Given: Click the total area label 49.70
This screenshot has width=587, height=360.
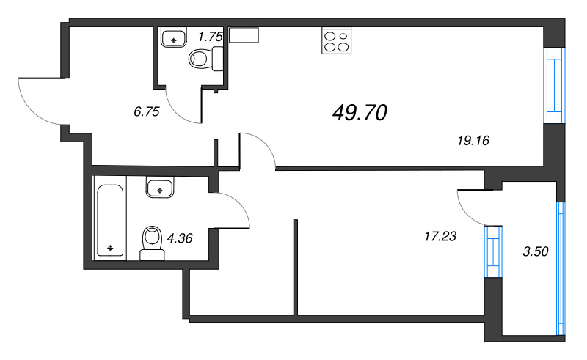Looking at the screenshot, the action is [360, 113].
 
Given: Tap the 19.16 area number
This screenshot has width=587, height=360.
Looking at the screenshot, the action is [473, 141].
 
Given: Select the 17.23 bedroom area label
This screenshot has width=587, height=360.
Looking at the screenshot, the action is [440, 236].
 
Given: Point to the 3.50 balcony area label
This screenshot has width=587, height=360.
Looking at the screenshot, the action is [536, 251].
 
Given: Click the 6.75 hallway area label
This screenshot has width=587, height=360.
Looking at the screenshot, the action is [146, 111].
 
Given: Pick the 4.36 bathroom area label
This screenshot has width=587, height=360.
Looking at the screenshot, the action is [180, 238].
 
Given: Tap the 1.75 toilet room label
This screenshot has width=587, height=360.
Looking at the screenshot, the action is [211, 37].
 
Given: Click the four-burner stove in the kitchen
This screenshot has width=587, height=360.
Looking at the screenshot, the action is [336, 40].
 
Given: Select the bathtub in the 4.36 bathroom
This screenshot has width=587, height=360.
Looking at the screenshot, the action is [110, 221].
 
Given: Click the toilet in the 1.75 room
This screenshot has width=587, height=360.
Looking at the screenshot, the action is [206, 59].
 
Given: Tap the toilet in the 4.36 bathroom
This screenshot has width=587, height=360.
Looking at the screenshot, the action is [152, 243].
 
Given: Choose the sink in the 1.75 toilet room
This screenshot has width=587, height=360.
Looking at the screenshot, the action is [173, 37].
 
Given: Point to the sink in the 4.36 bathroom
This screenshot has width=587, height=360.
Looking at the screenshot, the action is [160, 188].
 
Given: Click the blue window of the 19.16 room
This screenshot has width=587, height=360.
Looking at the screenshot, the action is [554, 85].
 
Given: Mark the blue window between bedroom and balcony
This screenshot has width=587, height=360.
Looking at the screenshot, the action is [492, 251].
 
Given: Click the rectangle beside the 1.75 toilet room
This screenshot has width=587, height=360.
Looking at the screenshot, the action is [244, 34].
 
